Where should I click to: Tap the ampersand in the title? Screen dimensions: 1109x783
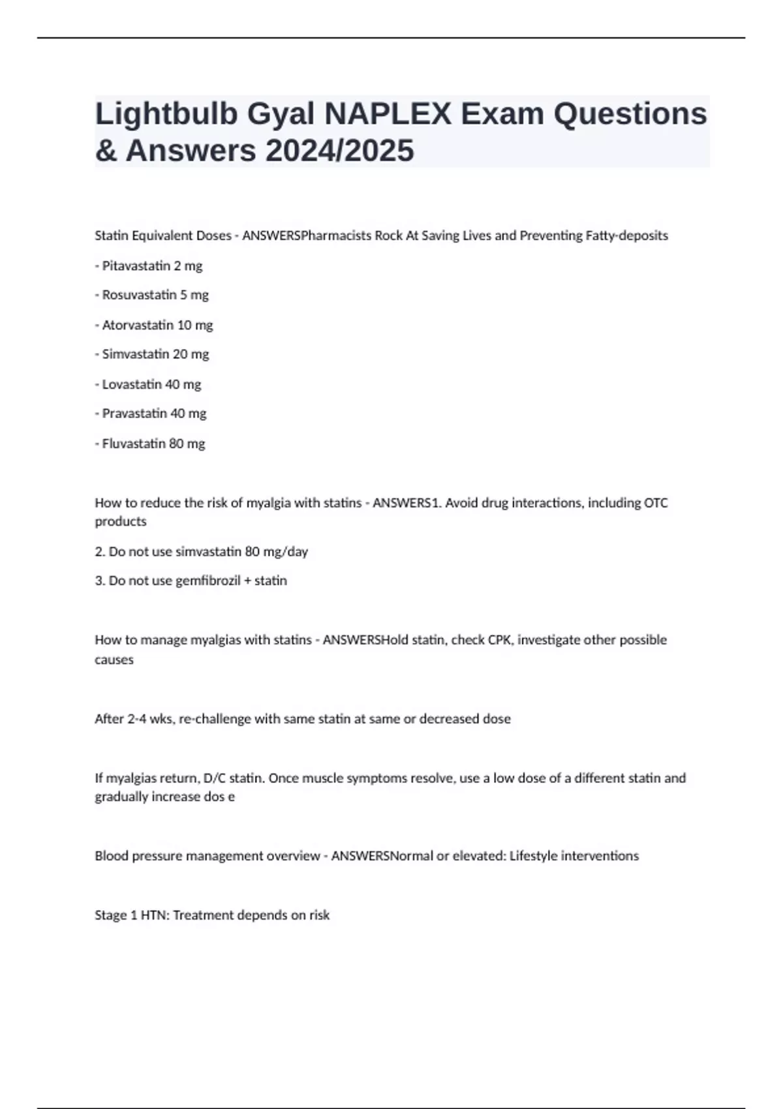(x=105, y=151)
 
